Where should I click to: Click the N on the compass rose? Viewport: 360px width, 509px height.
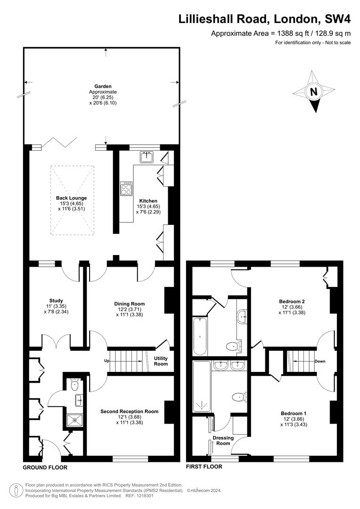313,92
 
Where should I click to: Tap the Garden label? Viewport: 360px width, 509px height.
102,86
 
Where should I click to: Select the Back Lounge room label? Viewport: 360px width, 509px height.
71,198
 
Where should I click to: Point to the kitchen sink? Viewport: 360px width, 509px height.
146,156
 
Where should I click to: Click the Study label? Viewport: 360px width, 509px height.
56,301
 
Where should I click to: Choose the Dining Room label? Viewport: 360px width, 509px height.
129,304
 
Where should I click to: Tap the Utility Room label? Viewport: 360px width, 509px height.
161,361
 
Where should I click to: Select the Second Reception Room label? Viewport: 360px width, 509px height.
129,411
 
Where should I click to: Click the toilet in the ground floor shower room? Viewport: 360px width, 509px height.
74,385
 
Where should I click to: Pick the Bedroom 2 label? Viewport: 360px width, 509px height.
292,301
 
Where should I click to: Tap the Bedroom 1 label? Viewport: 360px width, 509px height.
292,413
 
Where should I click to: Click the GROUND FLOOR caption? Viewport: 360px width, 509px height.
45,468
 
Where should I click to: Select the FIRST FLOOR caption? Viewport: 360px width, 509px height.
204,467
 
